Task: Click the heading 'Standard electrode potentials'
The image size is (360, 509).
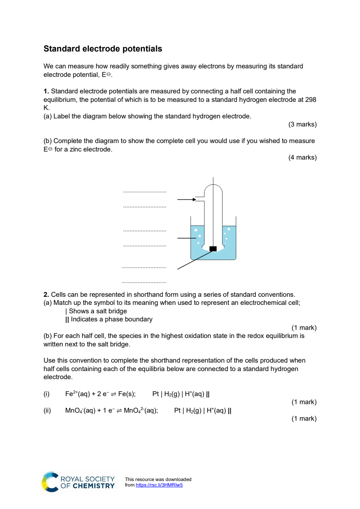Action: pos(103,49)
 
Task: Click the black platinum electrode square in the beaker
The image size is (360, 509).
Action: pos(213,249)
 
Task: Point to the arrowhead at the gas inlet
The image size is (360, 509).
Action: pos(194,199)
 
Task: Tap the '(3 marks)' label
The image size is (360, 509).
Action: pos(303,124)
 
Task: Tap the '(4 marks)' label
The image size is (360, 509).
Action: pos(303,157)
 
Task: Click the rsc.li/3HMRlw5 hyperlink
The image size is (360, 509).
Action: pos(159,485)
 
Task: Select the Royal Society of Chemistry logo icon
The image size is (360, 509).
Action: pos(50,482)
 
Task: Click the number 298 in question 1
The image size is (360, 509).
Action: pos(310,100)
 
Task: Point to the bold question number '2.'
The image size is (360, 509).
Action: pos(46,295)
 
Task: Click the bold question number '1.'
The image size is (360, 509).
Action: pos(46,91)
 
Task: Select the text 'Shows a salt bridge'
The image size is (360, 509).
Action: pos(98,311)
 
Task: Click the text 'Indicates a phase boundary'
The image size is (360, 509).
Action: pos(112,319)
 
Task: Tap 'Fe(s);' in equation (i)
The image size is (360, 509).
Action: pos(127,394)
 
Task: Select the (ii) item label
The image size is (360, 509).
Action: pos(47,410)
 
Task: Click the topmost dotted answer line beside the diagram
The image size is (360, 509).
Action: pos(145,192)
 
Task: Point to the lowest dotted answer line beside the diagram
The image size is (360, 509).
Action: pos(144,282)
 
